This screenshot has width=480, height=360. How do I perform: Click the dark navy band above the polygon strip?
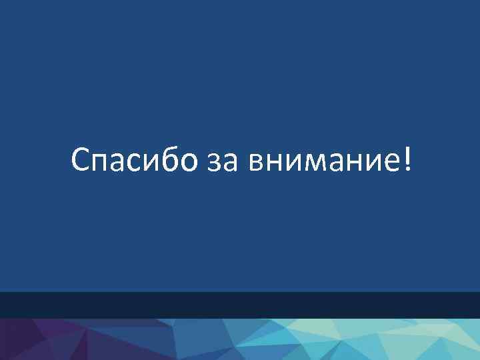tap(240, 305)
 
